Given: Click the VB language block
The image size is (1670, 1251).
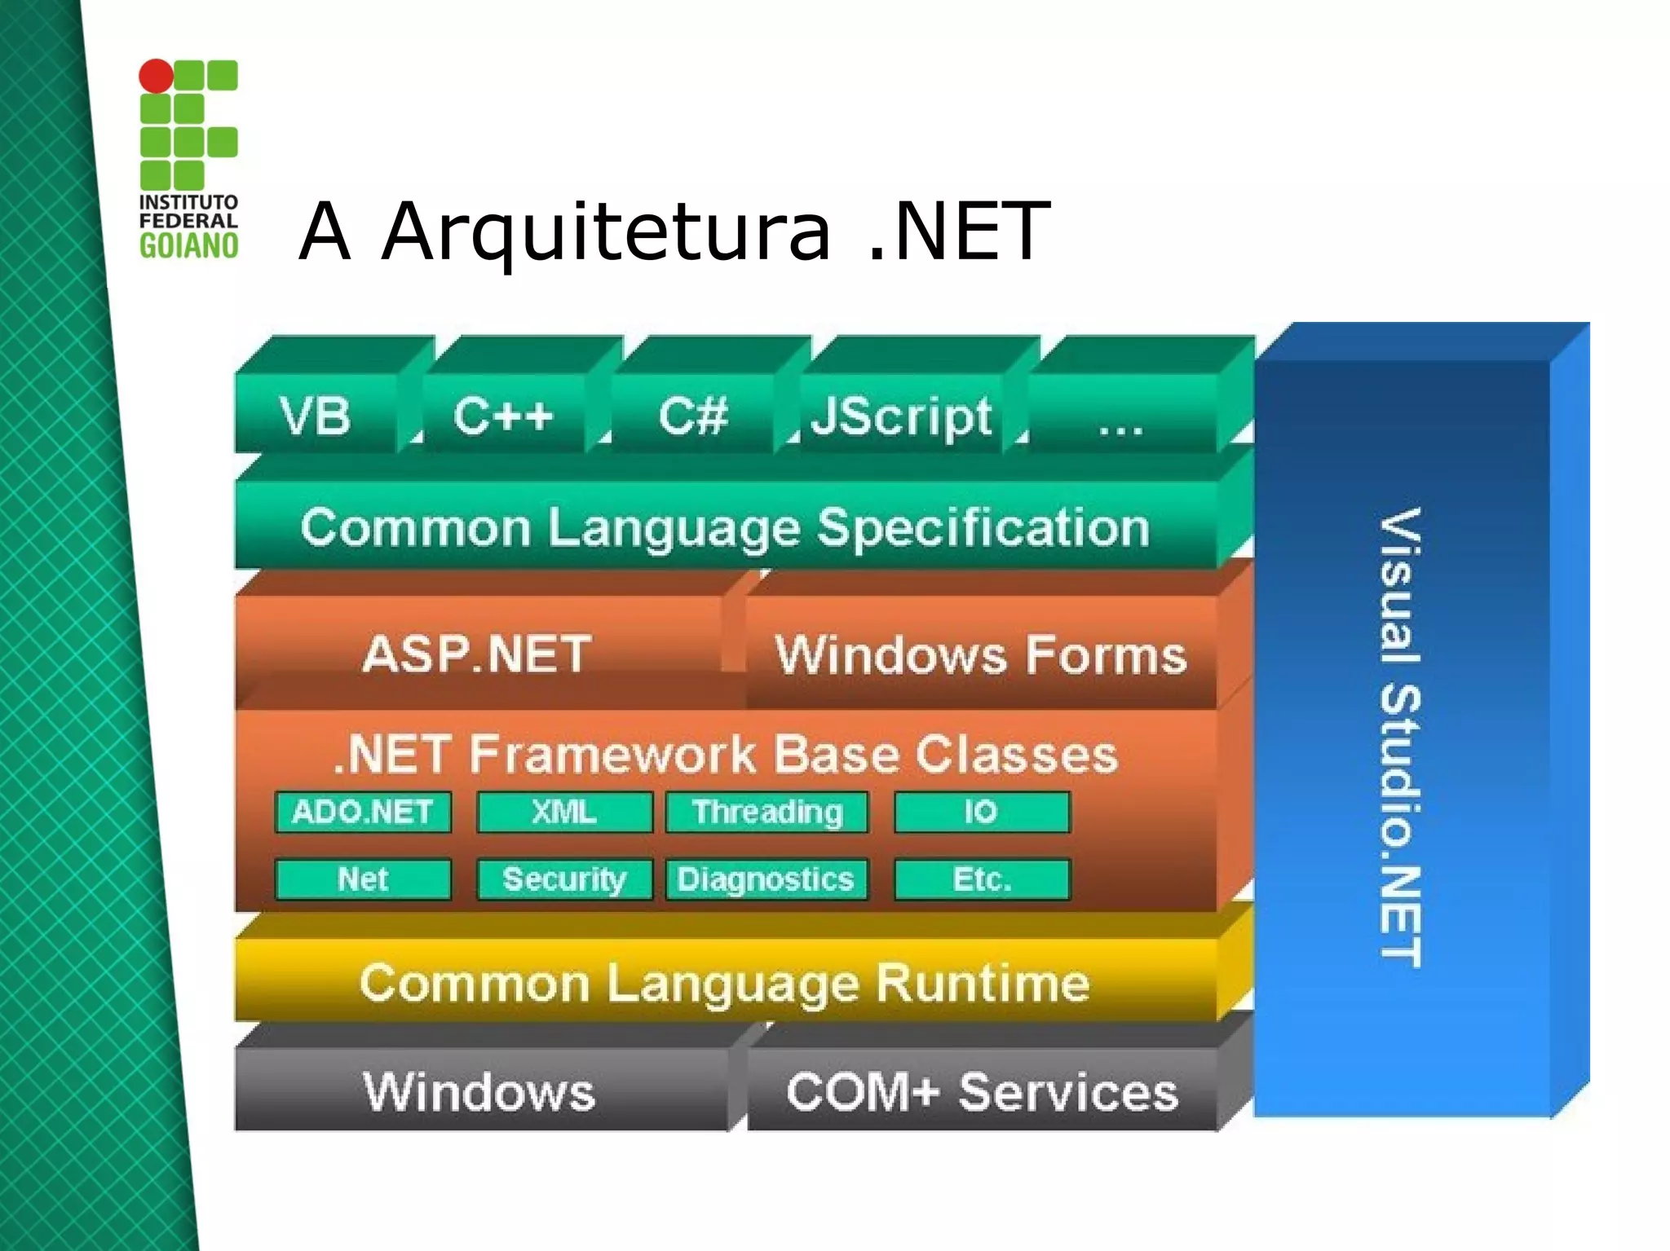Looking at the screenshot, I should coord(316,415).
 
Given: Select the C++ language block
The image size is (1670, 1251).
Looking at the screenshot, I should coord(504,415).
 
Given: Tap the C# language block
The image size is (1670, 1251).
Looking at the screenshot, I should coord(692,415).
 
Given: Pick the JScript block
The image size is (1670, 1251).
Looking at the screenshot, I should coord(901,416).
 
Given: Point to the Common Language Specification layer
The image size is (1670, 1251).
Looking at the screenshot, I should coord(725,526).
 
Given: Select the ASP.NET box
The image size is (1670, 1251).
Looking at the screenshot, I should coord(478,653).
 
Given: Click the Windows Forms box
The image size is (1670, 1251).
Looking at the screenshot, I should coord(981,654).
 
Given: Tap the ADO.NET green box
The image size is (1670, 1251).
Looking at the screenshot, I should coord(363,812).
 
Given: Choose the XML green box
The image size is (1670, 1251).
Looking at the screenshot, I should coord(564,812).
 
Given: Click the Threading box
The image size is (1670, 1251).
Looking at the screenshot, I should coord(767,812).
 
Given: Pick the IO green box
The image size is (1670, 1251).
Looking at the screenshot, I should coord(982,812).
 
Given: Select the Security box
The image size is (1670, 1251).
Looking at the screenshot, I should coord(564,879).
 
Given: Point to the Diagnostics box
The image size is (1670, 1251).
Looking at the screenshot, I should coord(767,879).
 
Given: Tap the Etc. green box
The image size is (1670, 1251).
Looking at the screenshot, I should coord(982,879).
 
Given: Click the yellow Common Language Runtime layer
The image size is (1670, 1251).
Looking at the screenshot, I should coord(725,982).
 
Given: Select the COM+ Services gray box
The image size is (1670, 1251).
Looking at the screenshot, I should coord(983,1091).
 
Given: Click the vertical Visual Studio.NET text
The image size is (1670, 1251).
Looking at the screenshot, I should coord(1401,738).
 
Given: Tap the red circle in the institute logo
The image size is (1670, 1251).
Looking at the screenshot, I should coord(156,76).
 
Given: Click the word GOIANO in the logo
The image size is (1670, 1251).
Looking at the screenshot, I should coord(188,245).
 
